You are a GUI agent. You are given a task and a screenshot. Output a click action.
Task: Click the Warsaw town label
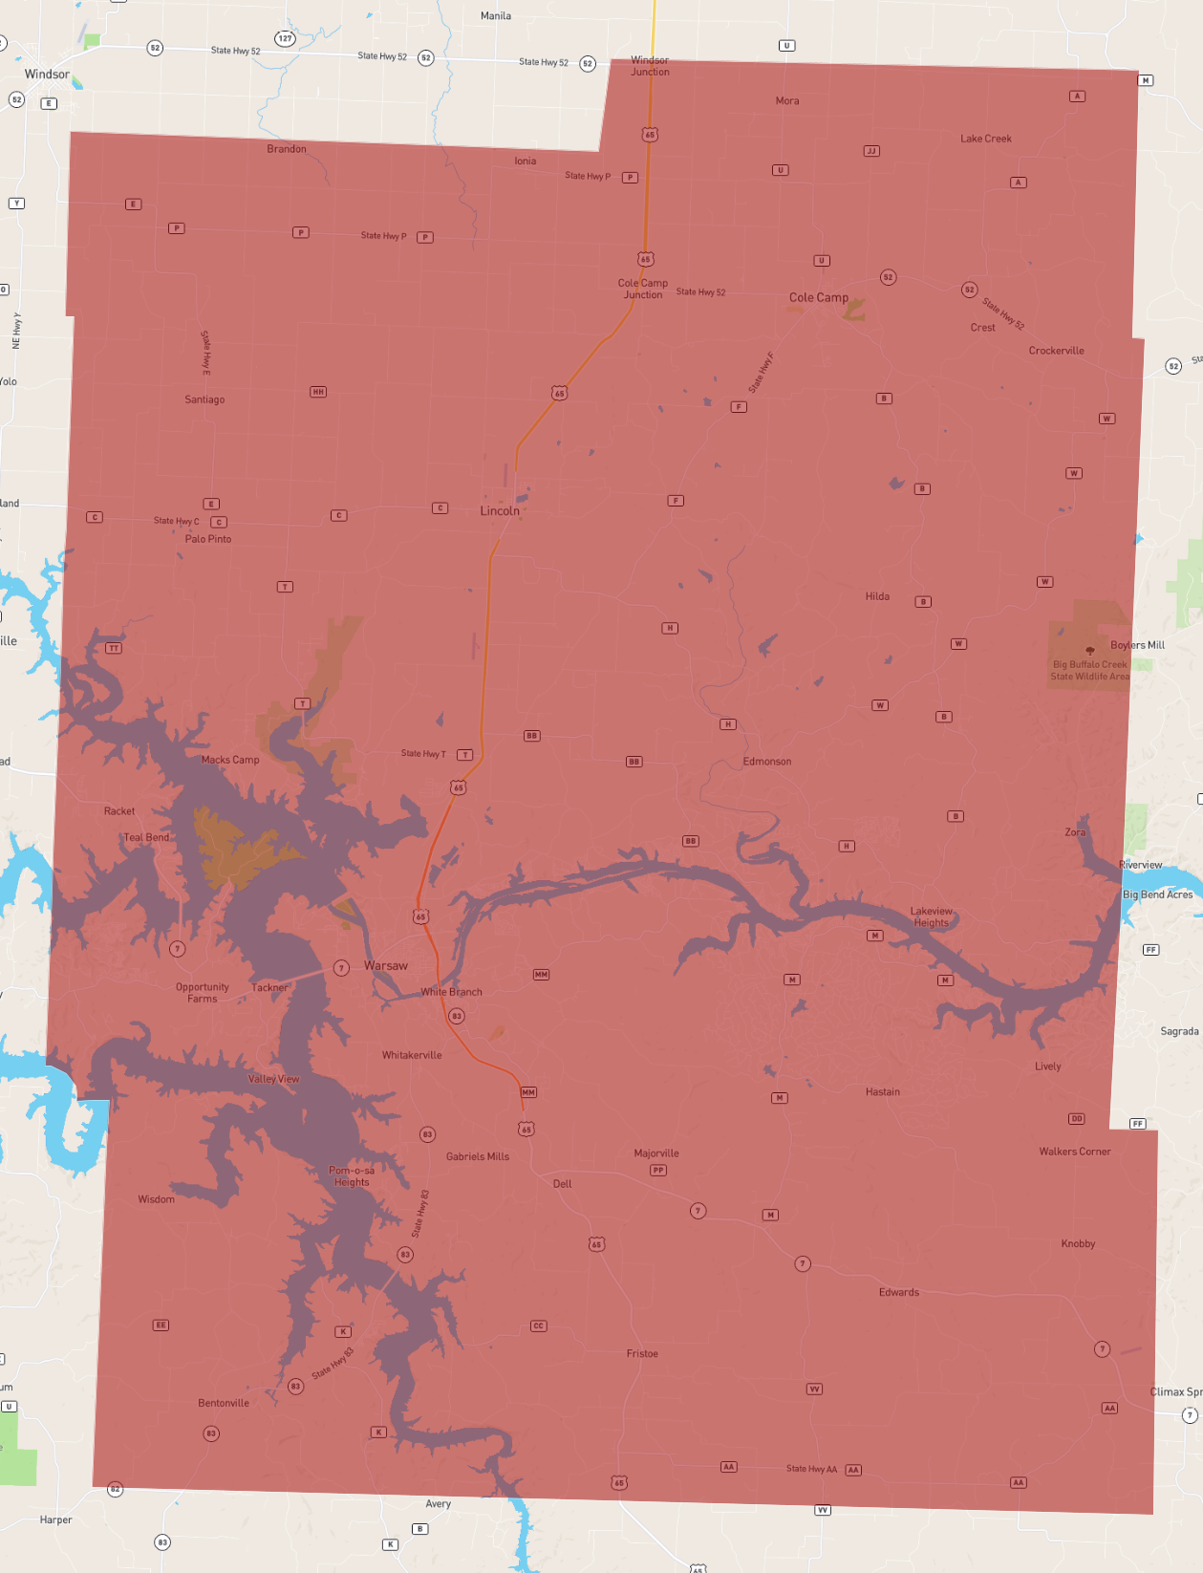coord(386,966)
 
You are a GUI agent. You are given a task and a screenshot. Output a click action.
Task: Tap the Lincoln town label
coord(500,511)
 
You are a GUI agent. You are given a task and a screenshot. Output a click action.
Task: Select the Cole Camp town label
coord(819,297)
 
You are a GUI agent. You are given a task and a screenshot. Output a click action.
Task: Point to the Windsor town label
coord(47,75)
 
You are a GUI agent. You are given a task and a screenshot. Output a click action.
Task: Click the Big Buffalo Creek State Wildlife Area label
coord(1089,670)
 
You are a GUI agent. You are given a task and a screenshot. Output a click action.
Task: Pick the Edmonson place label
coord(767,762)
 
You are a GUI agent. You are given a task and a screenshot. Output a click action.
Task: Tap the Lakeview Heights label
coord(932,917)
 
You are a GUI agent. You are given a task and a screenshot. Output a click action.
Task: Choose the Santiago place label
coord(204,399)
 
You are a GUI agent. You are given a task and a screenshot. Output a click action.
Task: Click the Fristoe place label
coord(642,1353)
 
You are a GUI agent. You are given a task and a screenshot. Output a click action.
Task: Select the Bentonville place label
coord(224,1403)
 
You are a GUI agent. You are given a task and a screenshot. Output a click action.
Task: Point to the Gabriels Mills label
coord(478,1156)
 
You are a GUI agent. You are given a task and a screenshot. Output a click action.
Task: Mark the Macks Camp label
coord(230,760)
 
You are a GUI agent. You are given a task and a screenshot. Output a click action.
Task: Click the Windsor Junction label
coord(650,66)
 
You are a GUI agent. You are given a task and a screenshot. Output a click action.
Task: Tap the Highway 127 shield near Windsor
coord(285,38)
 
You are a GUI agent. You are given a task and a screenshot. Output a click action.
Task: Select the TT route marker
coord(114,648)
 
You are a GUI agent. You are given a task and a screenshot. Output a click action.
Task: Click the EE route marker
coord(161,1325)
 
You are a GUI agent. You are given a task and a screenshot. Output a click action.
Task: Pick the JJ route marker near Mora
coord(871,151)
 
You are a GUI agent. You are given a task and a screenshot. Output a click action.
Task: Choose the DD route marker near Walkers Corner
coord(1077,1118)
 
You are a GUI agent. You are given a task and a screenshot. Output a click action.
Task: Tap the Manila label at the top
coord(496,16)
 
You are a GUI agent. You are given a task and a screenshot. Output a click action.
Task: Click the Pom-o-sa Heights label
coord(352,1176)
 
